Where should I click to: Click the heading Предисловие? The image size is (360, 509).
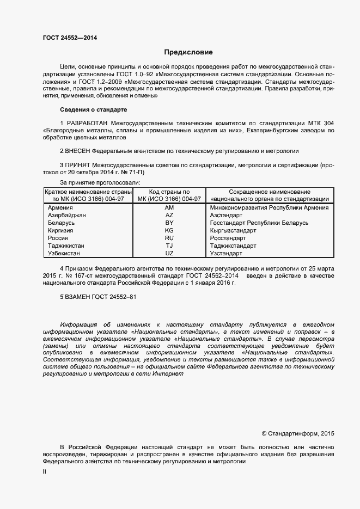[x=188, y=52]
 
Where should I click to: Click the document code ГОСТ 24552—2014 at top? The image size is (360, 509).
[x=70, y=38]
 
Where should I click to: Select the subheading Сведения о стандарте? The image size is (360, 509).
[x=93, y=109]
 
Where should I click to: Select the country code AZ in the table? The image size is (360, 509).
[x=169, y=216]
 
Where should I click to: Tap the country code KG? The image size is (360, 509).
[x=169, y=231]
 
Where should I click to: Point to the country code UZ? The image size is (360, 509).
[x=169, y=254]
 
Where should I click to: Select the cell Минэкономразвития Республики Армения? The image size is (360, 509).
[x=269, y=208]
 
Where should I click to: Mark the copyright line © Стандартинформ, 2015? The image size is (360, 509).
[x=298, y=434]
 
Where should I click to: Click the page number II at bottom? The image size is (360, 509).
[x=45, y=472]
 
